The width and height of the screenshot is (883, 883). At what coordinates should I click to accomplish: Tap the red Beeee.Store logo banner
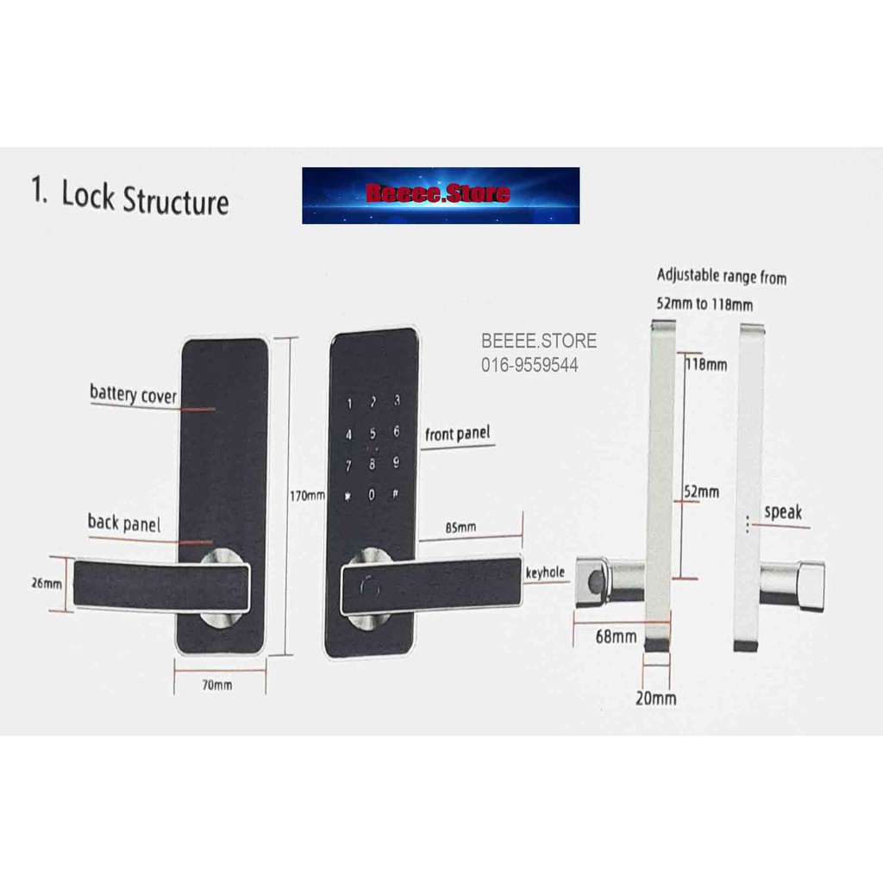440,195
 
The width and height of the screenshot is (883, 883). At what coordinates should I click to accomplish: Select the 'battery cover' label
133,395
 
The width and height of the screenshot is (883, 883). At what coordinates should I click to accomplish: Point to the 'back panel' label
123,523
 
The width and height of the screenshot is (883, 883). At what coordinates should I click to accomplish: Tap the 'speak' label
783,511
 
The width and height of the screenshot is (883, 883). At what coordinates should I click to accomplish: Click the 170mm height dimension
308,496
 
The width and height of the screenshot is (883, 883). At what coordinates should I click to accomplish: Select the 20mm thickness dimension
655,698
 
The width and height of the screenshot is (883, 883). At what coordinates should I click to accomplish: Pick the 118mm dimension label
706,365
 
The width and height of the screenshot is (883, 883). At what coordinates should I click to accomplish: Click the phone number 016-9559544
529,366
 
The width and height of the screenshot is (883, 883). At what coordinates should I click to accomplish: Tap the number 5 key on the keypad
373,434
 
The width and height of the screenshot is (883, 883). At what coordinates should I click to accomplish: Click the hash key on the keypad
395,495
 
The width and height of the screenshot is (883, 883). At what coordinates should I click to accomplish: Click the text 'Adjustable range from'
721,277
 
